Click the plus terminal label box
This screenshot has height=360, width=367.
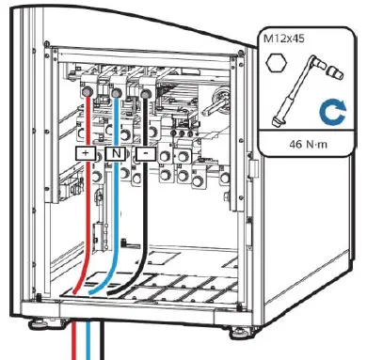point(86,151)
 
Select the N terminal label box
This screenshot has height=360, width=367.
point(115,151)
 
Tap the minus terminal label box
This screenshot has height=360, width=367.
point(145,151)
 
